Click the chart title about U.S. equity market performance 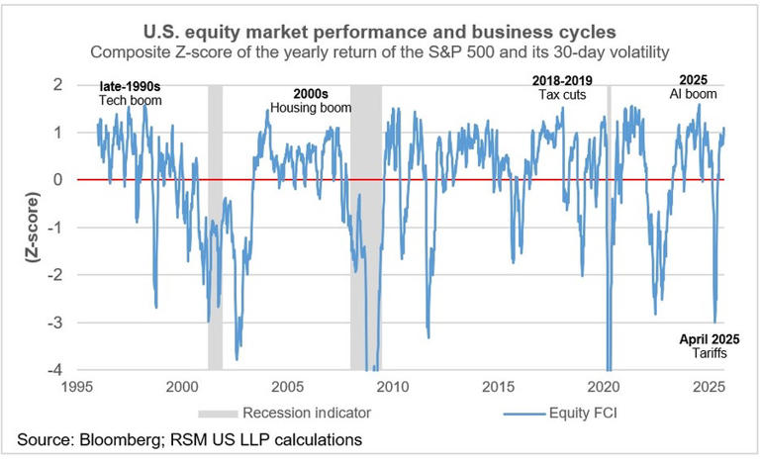click(380, 32)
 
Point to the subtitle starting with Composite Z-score click(380, 51)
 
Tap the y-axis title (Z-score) click(33, 228)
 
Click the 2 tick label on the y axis click(58, 85)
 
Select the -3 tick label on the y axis click(55, 323)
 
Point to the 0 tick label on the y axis click(58, 180)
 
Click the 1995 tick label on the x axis click(77, 387)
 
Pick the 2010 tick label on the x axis click(393, 387)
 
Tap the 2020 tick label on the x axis click(604, 387)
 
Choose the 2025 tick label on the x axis click(709, 387)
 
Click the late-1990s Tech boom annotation click(130, 93)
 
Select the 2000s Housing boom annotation click(311, 101)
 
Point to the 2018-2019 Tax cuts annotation click(562, 88)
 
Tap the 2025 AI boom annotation click(693, 87)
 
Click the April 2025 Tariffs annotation click(710, 346)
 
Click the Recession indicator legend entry click(285, 413)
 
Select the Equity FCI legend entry click(561, 414)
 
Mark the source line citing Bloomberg click(190, 440)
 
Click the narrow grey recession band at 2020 click(610, 228)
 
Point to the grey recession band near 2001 click(215, 228)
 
